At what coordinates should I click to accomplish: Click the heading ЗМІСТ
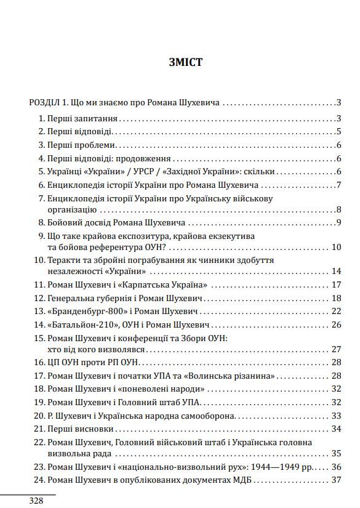pos(185,62)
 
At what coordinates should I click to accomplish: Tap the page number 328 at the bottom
pos(36,501)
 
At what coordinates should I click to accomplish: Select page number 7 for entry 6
pos(338,185)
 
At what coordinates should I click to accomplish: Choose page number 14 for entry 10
pos(336,271)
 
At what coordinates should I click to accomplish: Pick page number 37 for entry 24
pos(336,480)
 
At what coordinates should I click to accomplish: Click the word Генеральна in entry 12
pos(69,298)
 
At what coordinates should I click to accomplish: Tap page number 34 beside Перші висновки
pos(336,428)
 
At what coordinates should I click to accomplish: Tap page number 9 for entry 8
pos(338,222)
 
